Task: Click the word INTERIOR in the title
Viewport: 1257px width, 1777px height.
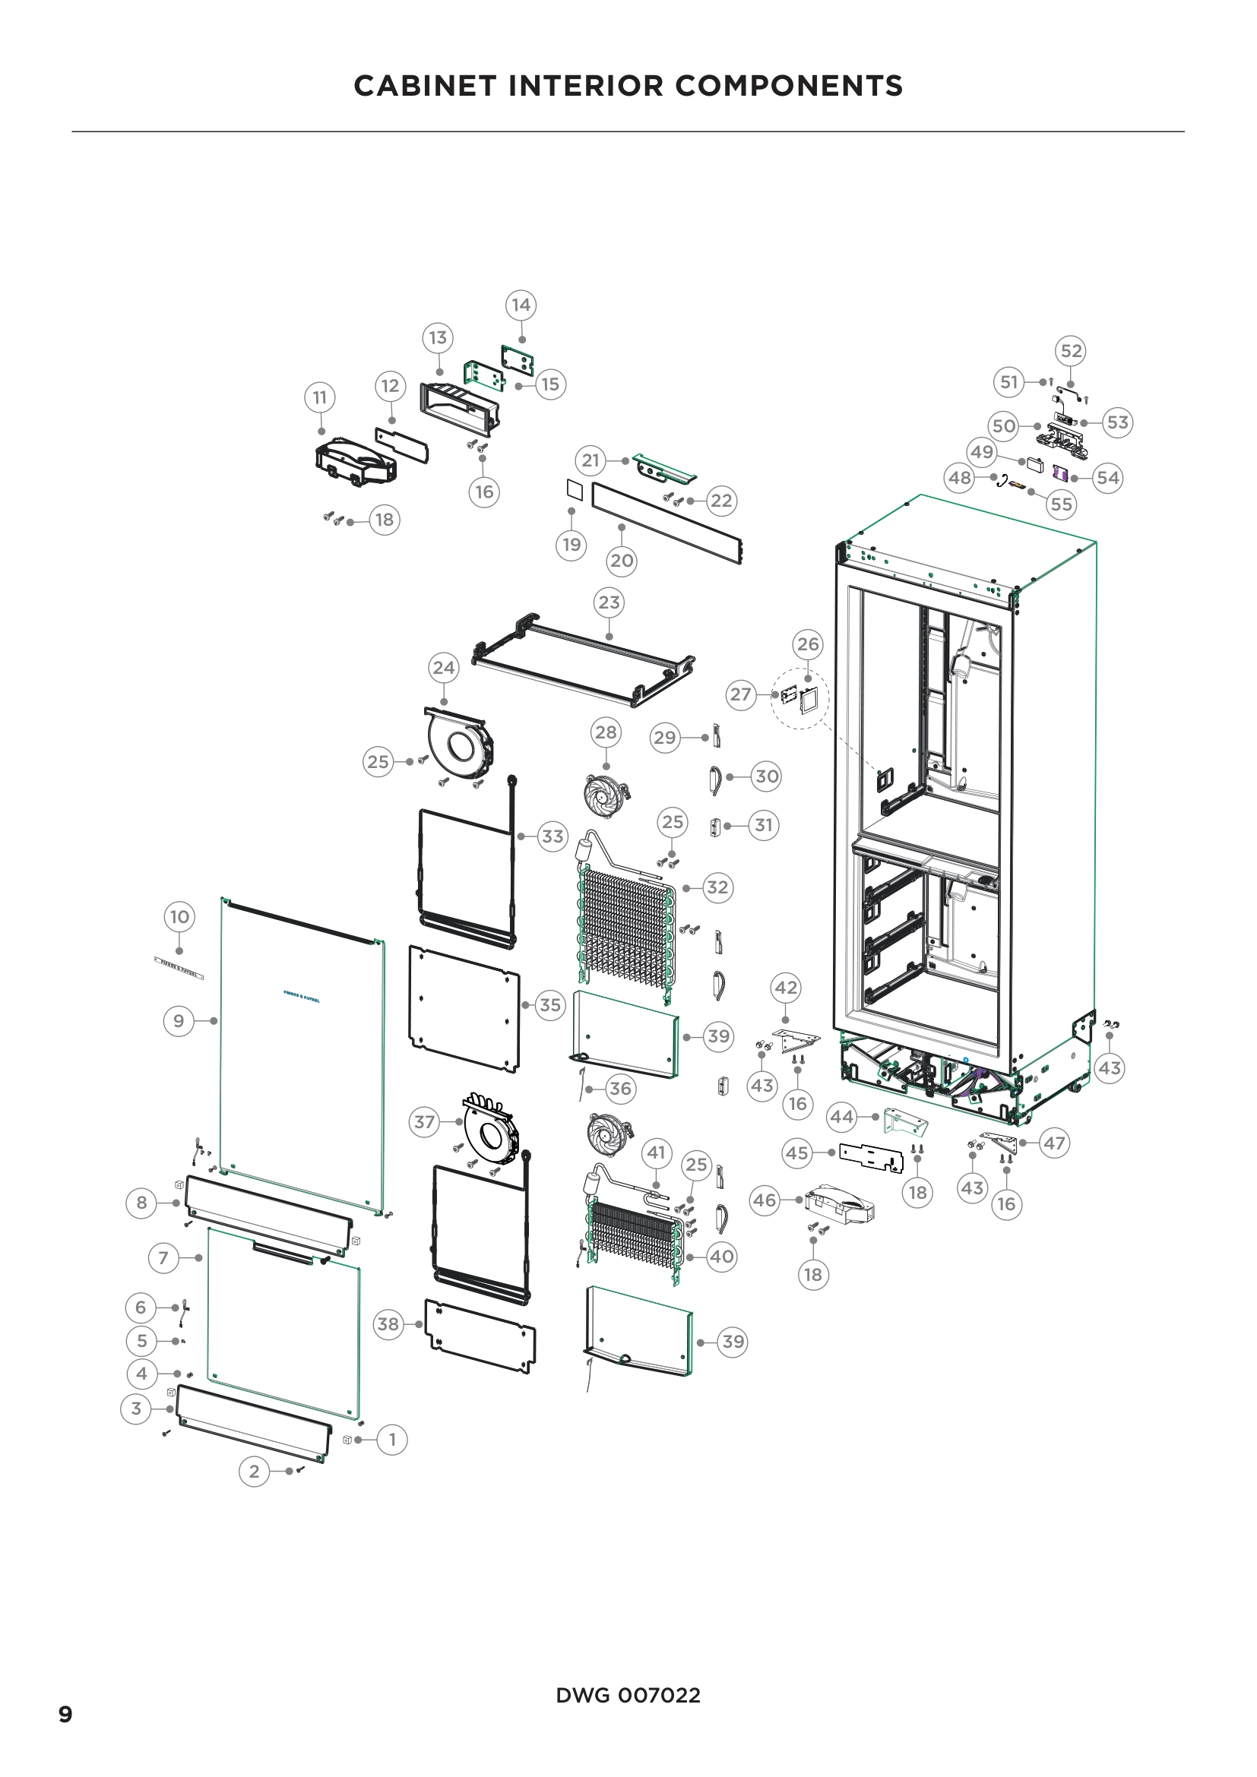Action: (x=591, y=86)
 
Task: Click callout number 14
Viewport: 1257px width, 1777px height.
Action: (x=521, y=305)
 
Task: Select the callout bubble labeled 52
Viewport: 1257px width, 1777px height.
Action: (x=1071, y=350)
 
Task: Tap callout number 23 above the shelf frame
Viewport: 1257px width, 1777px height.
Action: (x=609, y=602)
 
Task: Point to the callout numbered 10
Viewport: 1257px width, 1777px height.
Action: (x=179, y=917)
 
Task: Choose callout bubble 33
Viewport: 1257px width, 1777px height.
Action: (x=552, y=836)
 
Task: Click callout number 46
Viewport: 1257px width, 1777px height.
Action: (x=764, y=1200)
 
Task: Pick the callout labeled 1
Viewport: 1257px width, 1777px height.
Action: (x=391, y=1440)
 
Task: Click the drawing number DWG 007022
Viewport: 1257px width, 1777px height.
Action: (x=628, y=1695)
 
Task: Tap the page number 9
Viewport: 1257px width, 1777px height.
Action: (x=66, y=1713)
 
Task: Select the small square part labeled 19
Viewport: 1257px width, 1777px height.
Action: (x=574, y=490)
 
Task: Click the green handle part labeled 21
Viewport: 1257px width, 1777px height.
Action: (x=664, y=466)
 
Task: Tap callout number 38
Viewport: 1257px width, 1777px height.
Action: (x=388, y=1324)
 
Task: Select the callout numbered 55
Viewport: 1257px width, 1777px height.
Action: (x=1060, y=504)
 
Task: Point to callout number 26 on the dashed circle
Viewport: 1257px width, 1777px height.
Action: (x=807, y=644)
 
